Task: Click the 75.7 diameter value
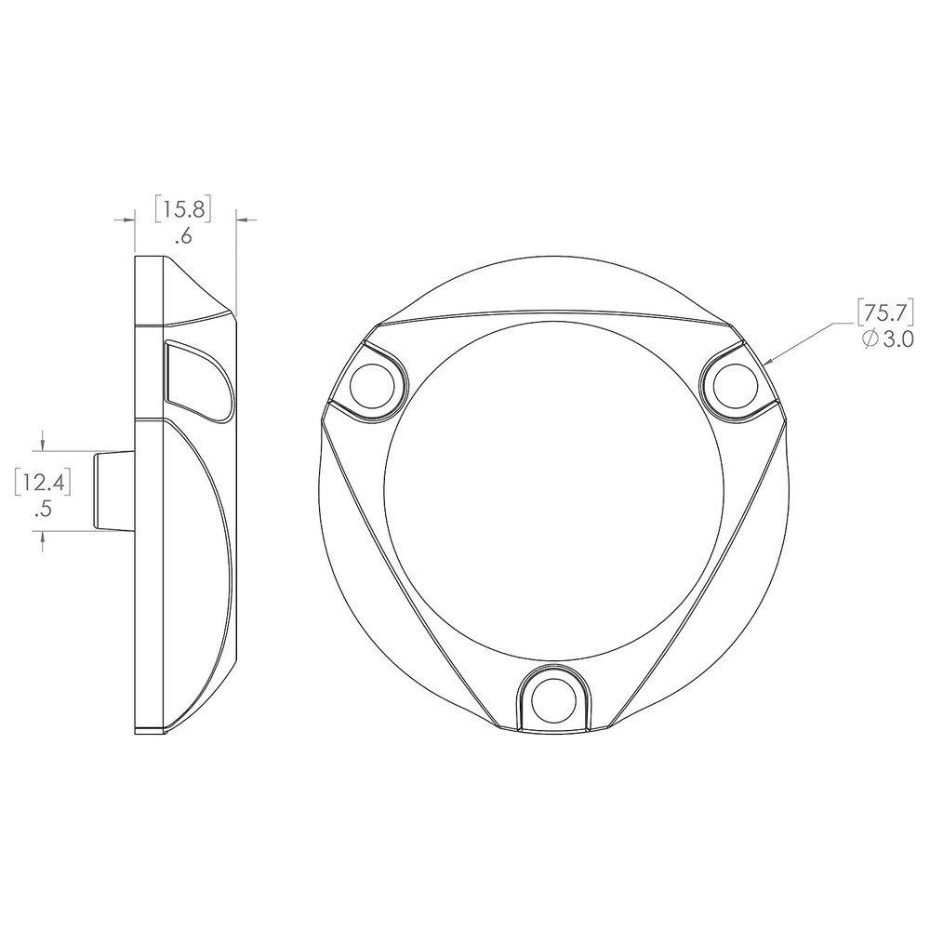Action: click(885, 312)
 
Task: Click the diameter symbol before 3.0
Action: click(870, 339)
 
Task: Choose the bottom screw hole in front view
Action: click(554, 700)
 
